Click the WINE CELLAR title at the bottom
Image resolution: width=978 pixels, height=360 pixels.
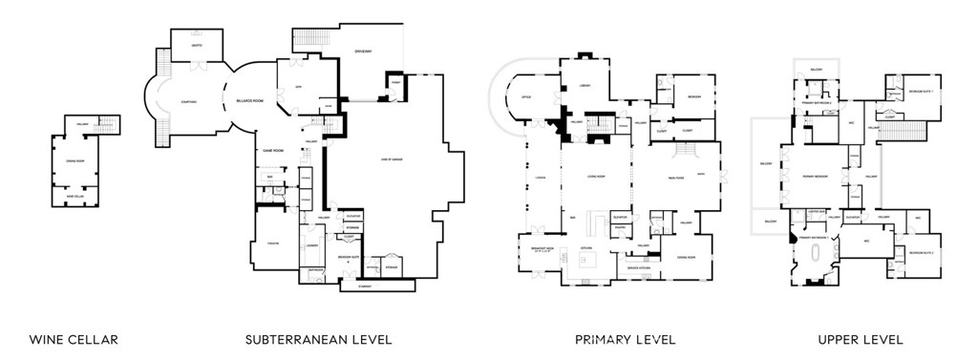click(74, 340)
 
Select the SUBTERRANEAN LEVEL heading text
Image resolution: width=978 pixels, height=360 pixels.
click(318, 340)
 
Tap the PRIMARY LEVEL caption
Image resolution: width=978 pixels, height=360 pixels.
click(625, 340)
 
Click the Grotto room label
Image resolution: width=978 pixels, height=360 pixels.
click(196, 43)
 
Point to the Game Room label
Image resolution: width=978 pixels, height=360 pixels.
click(276, 151)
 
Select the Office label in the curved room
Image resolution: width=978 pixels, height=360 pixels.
click(526, 97)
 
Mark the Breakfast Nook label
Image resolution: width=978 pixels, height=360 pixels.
click(542, 251)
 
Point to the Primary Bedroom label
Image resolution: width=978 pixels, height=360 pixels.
click(813, 178)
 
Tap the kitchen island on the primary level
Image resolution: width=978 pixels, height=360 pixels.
click(589, 259)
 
